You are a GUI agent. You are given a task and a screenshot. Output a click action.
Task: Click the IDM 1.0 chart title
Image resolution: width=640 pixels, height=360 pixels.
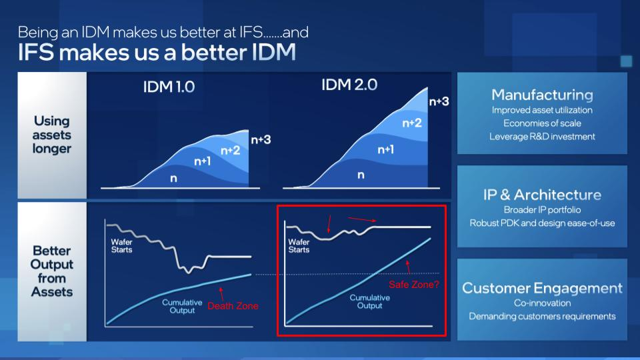point(169,87)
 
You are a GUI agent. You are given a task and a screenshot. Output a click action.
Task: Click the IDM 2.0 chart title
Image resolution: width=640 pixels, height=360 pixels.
point(349,85)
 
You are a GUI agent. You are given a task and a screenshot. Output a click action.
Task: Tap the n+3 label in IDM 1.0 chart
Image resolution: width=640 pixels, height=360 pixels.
point(261,139)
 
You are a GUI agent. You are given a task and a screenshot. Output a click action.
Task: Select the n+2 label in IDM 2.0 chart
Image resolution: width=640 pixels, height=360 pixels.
point(412,123)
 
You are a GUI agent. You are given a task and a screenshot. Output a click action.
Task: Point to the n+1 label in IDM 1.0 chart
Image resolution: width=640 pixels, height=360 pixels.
point(203,161)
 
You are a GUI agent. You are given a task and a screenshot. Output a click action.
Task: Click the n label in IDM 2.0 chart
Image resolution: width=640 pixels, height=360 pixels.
point(361,175)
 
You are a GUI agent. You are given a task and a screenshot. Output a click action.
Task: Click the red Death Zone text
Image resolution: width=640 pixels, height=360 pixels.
point(233,306)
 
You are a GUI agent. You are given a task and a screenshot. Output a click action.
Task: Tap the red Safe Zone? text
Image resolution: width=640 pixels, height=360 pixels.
point(414,285)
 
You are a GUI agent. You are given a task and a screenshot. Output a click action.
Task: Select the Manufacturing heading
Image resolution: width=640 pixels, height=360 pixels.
point(542,95)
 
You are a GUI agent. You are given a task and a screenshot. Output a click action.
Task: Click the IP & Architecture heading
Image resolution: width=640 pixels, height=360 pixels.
point(542,195)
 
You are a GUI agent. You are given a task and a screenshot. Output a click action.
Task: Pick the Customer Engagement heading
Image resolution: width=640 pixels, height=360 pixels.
point(542,288)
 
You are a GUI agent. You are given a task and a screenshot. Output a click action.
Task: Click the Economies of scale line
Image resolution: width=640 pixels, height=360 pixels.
point(542,123)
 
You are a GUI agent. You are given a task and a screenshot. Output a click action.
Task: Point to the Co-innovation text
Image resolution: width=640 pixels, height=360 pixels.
point(542,303)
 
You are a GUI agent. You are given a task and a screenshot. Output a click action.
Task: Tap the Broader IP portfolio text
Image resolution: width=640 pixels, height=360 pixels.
point(542,210)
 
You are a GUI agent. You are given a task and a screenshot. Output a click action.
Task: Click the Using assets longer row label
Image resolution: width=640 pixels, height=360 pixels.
point(52,135)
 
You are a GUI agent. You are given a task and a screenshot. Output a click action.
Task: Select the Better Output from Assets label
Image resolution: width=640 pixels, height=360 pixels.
point(52,271)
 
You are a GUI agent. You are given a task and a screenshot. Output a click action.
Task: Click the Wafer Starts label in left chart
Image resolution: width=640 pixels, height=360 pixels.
point(121,246)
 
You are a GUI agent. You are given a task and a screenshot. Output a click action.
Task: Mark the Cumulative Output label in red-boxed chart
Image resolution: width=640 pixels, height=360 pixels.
point(370,301)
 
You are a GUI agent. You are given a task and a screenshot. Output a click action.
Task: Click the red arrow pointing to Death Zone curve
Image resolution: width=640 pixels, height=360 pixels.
point(221,294)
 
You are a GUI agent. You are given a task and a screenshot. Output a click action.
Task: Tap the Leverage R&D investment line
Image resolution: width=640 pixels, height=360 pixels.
point(542,136)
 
